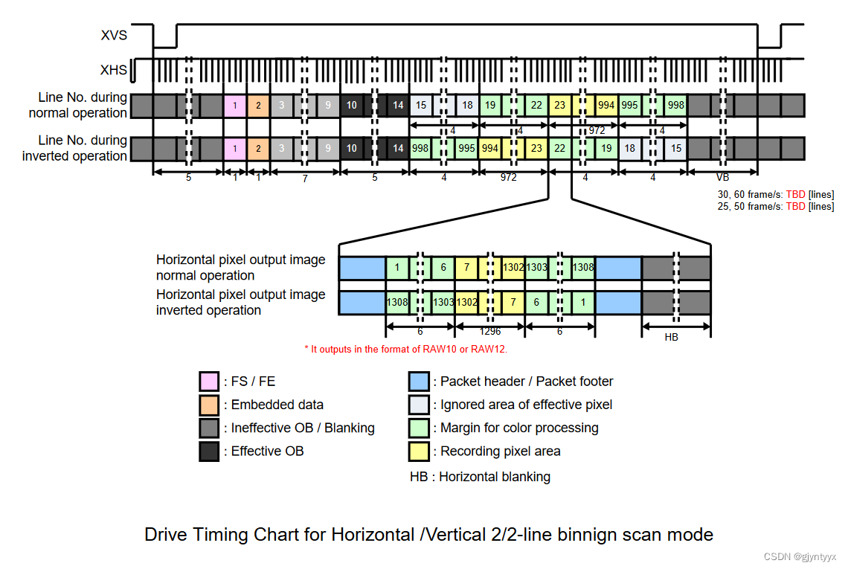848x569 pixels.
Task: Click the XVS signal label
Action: click(114, 35)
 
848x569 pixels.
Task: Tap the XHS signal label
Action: click(114, 71)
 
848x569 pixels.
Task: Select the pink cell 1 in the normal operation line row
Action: click(235, 106)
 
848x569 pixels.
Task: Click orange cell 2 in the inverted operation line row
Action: click(258, 149)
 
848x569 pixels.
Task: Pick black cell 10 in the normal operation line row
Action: click(352, 106)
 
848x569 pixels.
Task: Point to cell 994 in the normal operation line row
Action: click(606, 106)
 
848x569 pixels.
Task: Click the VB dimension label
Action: click(722, 179)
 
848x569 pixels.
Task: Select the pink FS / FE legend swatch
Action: click(209, 382)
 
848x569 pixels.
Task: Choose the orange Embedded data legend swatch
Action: click(209, 405)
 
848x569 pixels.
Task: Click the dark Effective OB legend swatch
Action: click(209, 451)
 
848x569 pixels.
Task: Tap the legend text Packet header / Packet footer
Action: click(527, 382)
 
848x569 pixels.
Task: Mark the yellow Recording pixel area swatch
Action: click(419, 451)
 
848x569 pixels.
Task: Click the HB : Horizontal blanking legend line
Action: click(480, 477)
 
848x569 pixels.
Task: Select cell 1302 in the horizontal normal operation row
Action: click(513, 268)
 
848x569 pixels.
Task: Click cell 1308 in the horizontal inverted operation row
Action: click(397, 303)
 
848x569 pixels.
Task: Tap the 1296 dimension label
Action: click(490, 332)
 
